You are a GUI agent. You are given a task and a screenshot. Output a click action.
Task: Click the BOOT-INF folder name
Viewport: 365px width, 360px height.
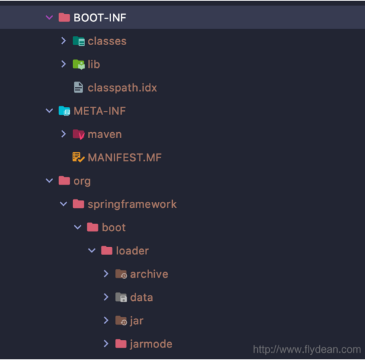pyautogui.click(x=100, y=18)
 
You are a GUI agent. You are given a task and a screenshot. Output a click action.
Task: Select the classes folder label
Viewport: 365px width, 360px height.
pyautogui.click(x=106, y=41)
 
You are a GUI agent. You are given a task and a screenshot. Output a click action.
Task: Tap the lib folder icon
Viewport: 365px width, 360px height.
pyautogui.click(x=78, y=64)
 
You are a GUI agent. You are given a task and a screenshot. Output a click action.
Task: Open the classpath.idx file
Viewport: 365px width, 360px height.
pyautogui.click(x=122, y=88)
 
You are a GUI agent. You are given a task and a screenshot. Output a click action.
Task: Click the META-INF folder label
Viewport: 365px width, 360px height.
pyautogui.click(x=100, y=111)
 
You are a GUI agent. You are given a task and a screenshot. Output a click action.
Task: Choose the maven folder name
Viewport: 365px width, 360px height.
pyautogui.click(x=104, y=134)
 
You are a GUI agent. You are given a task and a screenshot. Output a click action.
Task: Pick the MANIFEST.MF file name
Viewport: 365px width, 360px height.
pyautogui.click(x=124, y=157)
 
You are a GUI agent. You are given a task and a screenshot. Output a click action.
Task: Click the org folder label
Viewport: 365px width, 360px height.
pyautogui.click(x=82, y=181)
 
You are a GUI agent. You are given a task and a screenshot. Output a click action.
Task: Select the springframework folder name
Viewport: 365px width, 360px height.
pyautogui.click(x=132, y=204)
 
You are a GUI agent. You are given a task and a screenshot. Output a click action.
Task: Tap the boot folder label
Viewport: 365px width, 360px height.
pyautogui.click(x=114, y=227)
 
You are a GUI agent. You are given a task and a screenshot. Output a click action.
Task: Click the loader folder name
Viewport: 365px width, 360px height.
pyautogui.click(x=132, y=250)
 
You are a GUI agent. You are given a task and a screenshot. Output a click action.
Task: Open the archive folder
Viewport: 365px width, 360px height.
pyautogui.click(x=148, y=274)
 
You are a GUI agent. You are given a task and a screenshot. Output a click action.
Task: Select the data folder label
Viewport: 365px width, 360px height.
pyautogui.click(x=141, y=297)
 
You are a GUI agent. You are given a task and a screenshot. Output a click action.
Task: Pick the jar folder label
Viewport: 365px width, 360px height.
pyautogui.click(x=136, y=320)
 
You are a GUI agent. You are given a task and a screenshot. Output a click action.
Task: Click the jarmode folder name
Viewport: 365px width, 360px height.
pyautogui.click(x=151, y=343)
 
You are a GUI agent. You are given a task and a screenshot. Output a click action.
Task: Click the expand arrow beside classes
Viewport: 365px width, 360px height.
pyautogui.click(x=63, y=41)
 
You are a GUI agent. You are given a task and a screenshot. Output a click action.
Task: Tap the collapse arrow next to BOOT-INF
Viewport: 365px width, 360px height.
pyautogui.click(x=49, y=18)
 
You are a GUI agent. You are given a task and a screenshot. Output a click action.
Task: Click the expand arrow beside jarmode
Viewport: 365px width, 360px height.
pyautogui.click(x=106, y=343)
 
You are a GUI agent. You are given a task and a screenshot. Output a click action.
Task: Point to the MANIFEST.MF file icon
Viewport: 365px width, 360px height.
pyautogui.click(x=78, y=157)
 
